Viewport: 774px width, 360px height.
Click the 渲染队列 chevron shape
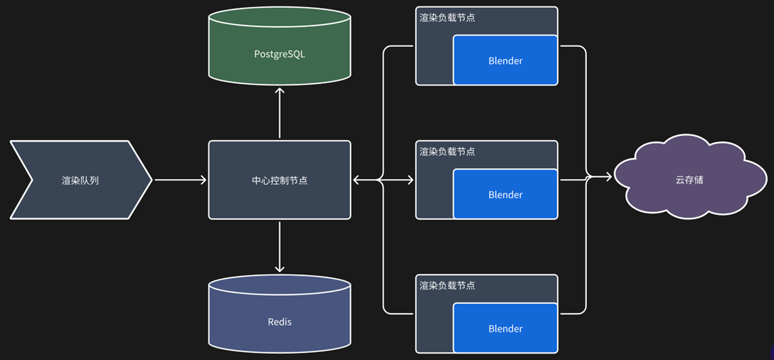point(80,180)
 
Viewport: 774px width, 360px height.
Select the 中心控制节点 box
point(280,180)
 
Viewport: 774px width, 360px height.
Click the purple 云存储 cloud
point(689,180)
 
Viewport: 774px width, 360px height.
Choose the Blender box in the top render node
point(505,60)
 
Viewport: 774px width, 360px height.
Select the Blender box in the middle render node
point(505,194)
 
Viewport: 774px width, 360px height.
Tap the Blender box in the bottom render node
point(505,328)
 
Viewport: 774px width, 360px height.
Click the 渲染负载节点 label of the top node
point(447,18)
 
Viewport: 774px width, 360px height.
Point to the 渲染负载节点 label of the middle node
point(447,152)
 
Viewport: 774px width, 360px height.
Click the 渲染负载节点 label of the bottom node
point(447,285)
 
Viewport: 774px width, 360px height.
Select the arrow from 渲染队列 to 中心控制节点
point(180,180)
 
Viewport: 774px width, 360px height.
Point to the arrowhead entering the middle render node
point(410,180)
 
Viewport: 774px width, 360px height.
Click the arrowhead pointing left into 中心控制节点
point(357,180)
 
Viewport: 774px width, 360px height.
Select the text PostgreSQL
point(280,54)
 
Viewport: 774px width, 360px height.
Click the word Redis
point(280,322)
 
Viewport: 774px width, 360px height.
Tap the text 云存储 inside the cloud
point(689,180)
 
